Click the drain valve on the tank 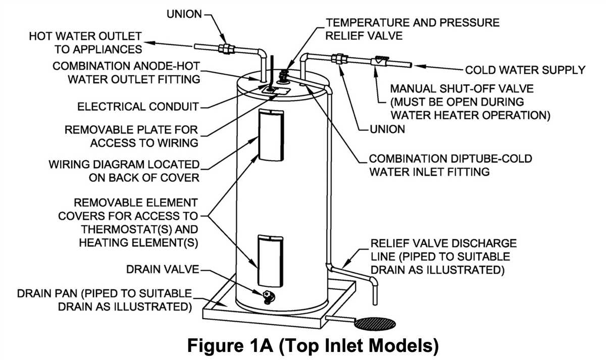269,297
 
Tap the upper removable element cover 271,135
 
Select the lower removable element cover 270,261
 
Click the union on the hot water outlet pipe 226,48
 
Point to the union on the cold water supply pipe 339,59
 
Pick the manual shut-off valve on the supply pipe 380,62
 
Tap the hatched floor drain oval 375,324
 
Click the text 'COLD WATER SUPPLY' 525,70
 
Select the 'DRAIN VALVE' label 163,269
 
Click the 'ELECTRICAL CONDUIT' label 138,107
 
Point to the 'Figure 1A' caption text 230,345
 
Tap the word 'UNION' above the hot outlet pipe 184,14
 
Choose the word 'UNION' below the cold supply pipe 387,129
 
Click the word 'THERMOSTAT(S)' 127,229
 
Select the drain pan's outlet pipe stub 340,319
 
